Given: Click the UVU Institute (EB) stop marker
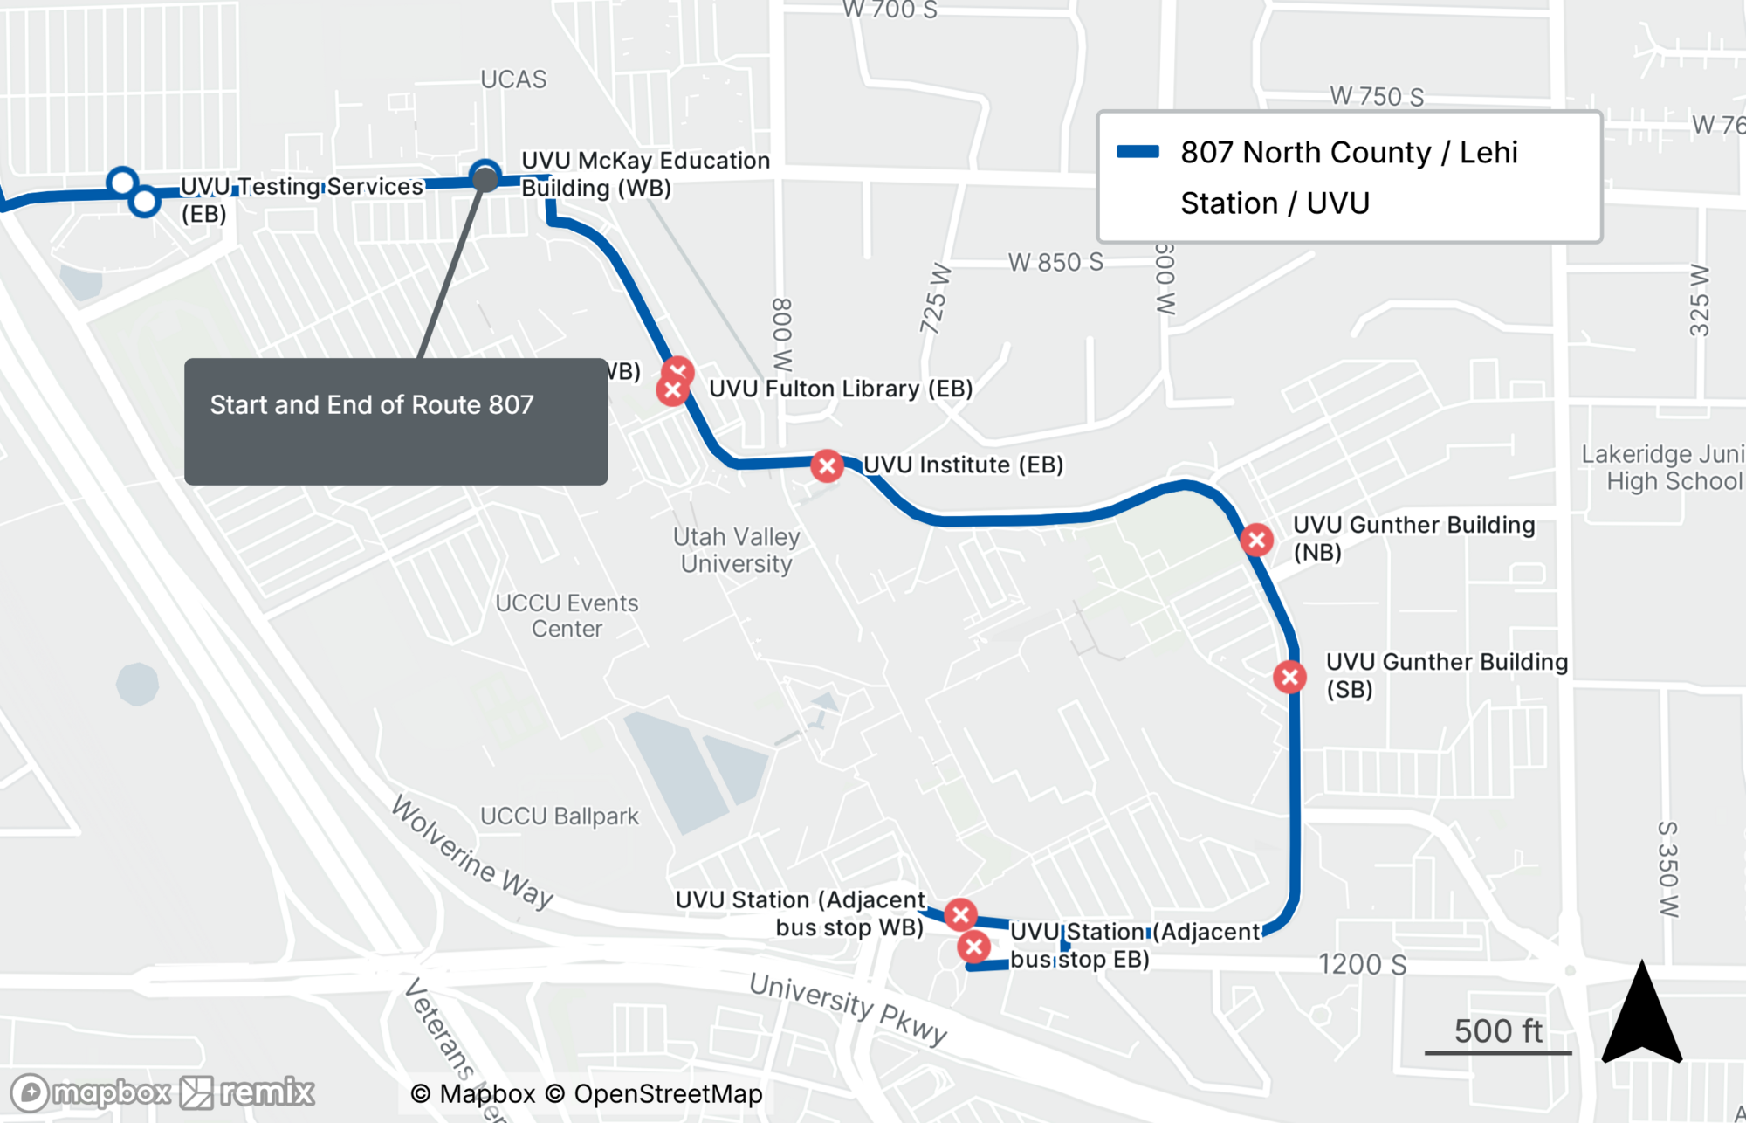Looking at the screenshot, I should [827, 466].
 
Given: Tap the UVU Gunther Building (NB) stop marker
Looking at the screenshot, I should [1256, 540].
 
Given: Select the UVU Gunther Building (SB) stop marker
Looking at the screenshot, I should [1289, 677].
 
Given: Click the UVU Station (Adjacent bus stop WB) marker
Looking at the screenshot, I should [960, 914].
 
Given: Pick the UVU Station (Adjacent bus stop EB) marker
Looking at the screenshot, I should [973, 947].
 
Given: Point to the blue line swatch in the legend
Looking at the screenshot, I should [1138, 152].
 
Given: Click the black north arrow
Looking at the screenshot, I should [1641, 1015].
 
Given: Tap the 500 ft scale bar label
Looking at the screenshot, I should [1498, 1031].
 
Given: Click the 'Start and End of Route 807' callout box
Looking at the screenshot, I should [395, 421].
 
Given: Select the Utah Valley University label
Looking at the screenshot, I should [737, 550].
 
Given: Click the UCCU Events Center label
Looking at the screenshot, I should [567, 616].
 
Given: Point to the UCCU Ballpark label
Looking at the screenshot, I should [560, 816].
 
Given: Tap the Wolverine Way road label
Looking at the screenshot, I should [472, 852].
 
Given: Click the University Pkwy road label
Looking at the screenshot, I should [848, 1009].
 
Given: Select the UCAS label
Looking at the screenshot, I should [513, 79].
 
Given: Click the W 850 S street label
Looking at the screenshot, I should [1055, 262].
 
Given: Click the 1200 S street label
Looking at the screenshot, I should [1362, 964].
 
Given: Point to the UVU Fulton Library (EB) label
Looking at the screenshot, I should [841, 389].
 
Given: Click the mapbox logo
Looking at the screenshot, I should [91, 1092].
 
